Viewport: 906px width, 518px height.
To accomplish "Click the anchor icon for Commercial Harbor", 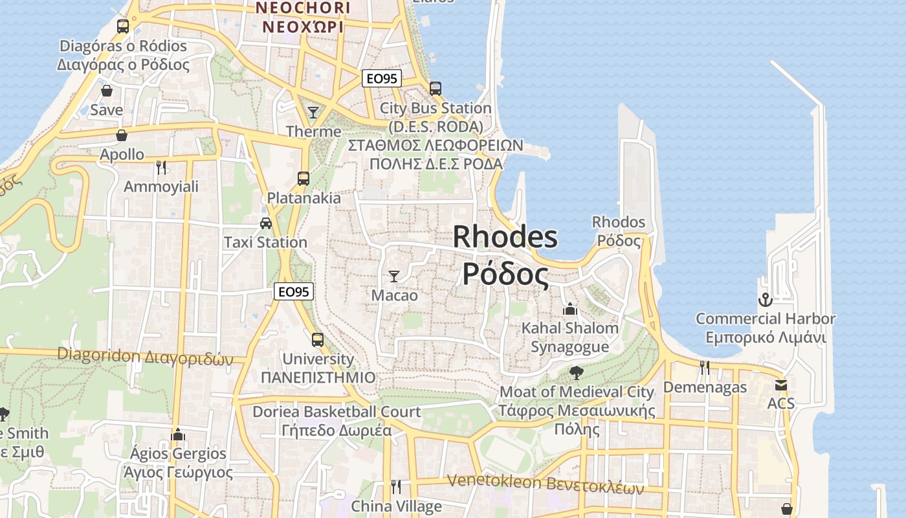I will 766,300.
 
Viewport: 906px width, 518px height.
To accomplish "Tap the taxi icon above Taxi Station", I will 265,223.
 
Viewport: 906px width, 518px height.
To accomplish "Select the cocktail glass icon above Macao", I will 393,276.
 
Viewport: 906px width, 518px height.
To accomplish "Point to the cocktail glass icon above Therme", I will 313,113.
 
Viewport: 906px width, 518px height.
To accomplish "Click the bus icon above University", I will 318,340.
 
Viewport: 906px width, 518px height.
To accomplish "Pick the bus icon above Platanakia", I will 303,179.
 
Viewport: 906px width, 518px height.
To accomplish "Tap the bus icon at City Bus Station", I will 436,89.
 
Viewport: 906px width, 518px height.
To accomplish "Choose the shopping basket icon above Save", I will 106,91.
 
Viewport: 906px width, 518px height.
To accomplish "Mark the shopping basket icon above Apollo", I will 122,135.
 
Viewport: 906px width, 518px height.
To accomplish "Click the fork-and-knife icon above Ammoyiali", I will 161,168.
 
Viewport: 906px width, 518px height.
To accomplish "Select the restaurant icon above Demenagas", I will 705,368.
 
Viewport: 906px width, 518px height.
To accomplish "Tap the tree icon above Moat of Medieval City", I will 576,373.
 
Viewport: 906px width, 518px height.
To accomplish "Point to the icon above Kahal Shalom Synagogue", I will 570,309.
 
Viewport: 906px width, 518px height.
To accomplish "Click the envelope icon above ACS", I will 781,385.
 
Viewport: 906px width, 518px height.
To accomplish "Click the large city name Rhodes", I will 505,237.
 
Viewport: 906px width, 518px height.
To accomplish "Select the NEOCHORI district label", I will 303,8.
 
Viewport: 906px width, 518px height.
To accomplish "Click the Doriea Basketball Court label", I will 337,412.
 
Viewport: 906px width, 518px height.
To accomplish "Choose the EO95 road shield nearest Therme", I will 381,79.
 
